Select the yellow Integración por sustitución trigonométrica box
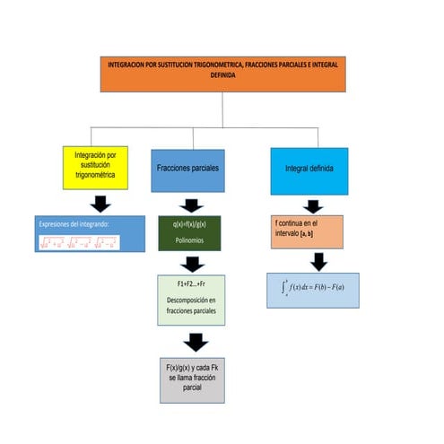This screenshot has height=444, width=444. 101,167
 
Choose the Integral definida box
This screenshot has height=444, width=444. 309,170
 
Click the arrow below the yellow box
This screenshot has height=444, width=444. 101,204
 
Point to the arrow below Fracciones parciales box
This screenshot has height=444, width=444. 191,205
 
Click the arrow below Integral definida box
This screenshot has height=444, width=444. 312,206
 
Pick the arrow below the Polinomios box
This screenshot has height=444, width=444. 192,264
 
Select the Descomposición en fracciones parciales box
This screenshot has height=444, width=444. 191,300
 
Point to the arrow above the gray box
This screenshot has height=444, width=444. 195,342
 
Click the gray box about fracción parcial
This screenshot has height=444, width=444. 190,379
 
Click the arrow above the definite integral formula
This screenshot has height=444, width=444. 318,261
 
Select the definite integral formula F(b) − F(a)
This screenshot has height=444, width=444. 312,289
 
